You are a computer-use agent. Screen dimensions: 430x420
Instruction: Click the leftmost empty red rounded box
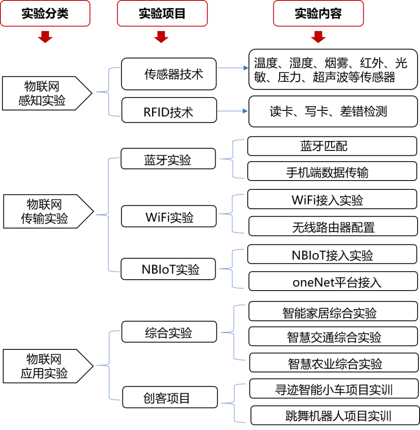point(45,13)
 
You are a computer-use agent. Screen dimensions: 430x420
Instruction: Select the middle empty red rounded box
point(162,13)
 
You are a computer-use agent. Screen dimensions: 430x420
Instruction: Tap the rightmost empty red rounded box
point(318,13)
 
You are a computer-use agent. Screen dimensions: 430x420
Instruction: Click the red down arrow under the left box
point(45,37)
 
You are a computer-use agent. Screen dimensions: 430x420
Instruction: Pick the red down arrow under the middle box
point(161,37)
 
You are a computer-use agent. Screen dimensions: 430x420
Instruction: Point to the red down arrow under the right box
point(318,37)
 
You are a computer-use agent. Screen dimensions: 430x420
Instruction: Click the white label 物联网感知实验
point(44,93)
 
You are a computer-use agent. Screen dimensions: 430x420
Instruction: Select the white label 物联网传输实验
point(45,211)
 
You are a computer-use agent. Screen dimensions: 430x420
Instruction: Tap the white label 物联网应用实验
point(45,366)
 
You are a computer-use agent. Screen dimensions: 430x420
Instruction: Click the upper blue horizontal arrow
point(233,68)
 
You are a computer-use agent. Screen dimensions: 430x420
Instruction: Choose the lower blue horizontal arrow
point(233,111)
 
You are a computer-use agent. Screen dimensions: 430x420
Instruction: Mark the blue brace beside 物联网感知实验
point(109,92)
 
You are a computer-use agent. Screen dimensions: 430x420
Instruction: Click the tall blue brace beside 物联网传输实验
point(109,215)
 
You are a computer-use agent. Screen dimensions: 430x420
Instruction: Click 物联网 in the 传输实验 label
point(45,205)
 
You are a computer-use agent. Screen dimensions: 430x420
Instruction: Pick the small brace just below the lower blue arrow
point(233,159)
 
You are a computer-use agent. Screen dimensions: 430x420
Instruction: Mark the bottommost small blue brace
point(234,403)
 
